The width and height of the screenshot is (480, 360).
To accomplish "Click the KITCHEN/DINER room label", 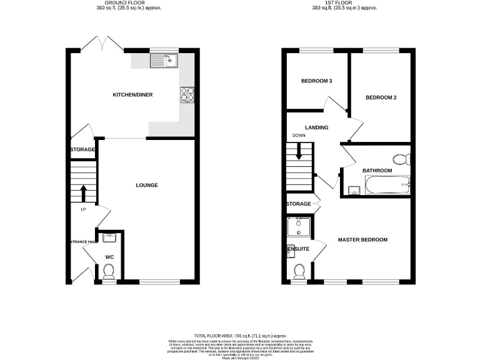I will (132, 95).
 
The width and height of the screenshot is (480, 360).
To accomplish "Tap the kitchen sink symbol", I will (164, 60).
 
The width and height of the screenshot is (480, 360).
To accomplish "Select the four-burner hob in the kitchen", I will (187, 94).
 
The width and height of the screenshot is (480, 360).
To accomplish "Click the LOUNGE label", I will (147, 185).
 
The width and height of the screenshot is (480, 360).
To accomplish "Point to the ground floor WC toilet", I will (109, 271).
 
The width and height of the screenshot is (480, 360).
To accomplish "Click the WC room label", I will (109, 256).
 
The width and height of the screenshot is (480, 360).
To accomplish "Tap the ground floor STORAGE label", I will (82, 149).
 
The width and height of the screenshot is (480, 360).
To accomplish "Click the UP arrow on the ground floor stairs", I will (82, 191).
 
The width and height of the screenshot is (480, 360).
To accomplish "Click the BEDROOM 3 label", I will (316, 81).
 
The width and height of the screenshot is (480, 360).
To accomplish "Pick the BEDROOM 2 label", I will (381, 97).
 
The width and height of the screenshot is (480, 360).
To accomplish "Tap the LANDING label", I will (316, 127).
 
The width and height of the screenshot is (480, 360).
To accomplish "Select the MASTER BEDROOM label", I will (362, 239).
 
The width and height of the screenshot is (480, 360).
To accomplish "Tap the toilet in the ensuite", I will (299, 270).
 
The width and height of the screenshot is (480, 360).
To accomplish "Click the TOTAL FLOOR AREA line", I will (240, 336).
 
